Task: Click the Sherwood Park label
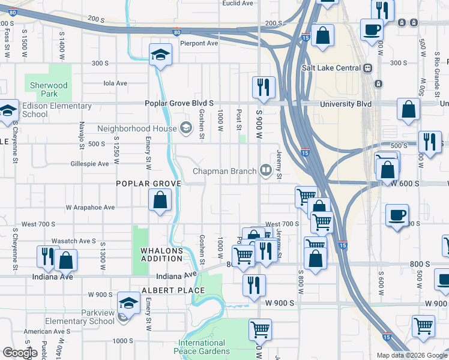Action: pos(49,90)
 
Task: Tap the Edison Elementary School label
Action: pos(56,110)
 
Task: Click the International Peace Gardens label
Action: pos(202,347)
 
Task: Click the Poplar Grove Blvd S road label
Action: pos(179,103)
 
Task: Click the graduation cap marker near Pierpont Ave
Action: pos(160,55)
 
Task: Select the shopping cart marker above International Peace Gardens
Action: pos(260,329)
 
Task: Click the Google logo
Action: pos(20,353)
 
